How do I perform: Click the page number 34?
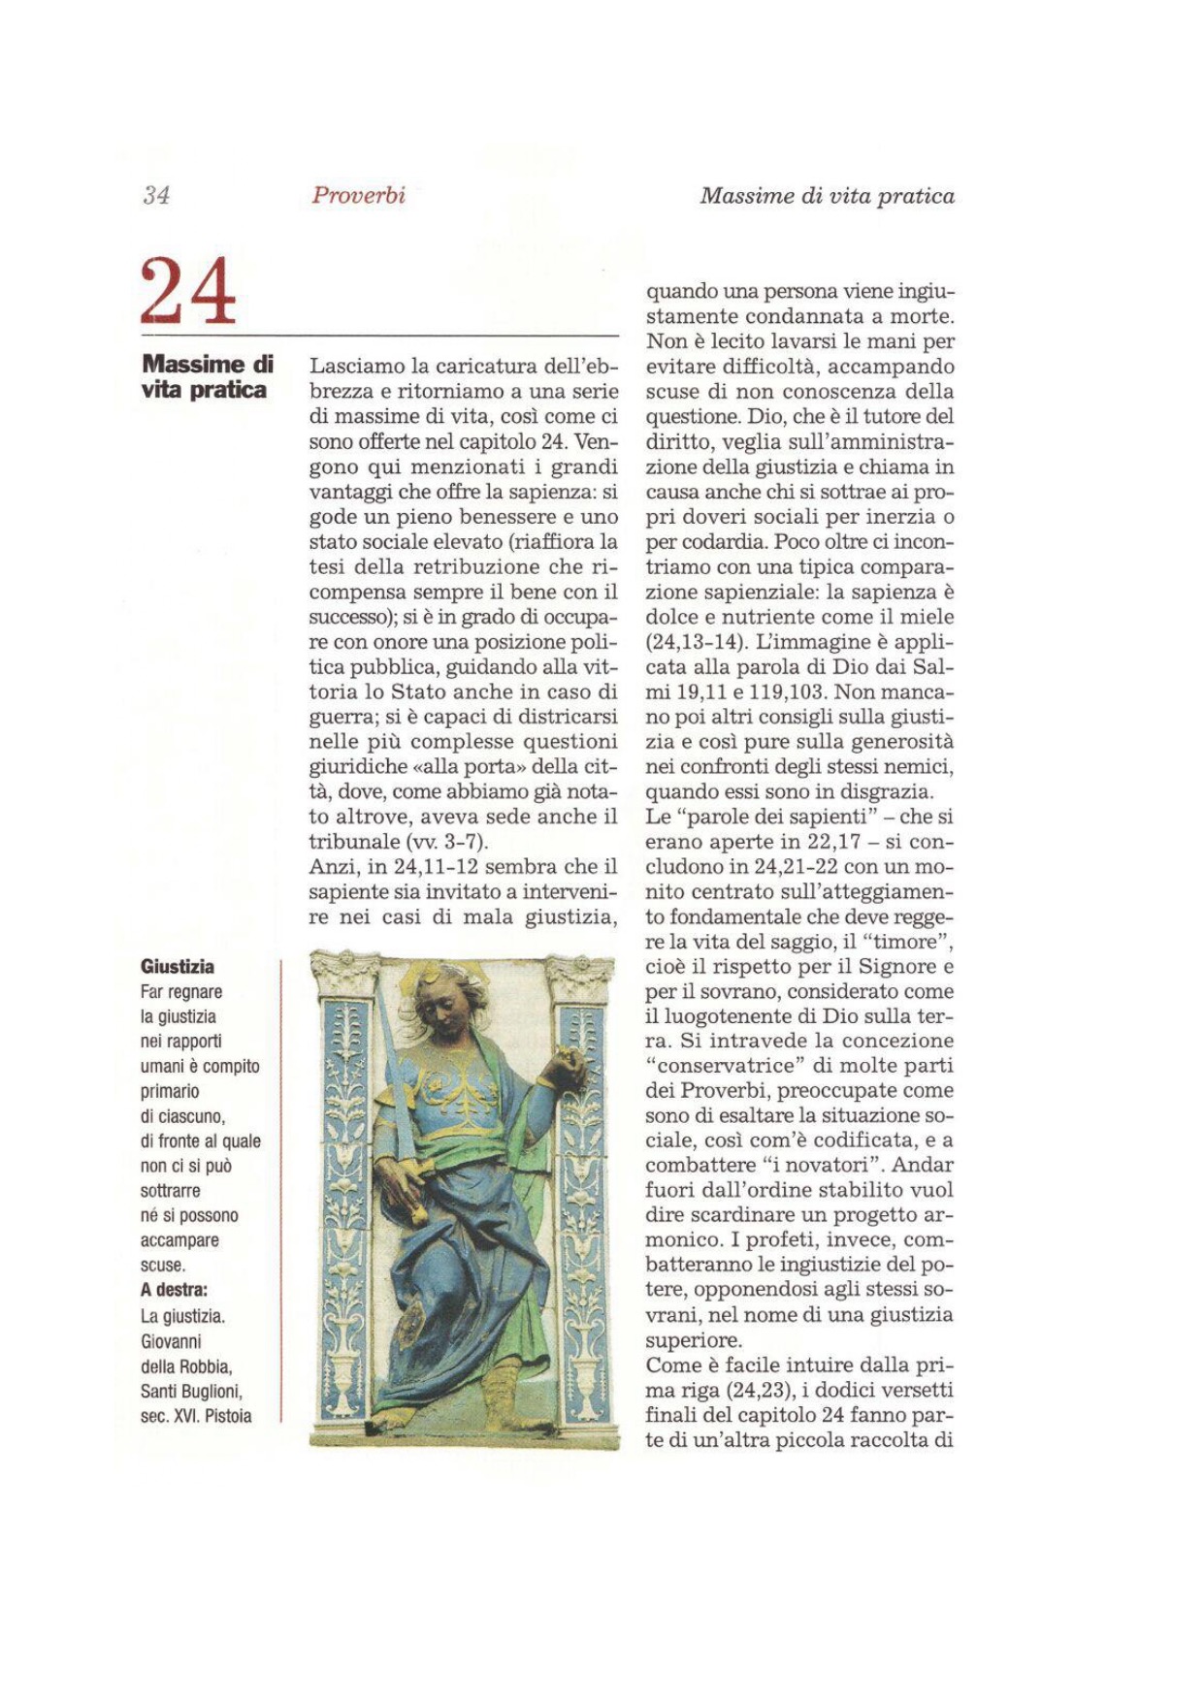(x=156, y=195)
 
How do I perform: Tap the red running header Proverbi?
(x=358, y=195)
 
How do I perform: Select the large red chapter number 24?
(x=188, y=290)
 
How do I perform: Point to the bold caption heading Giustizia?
(x=178, y=967)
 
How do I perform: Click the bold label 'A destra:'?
(x=175, y=1290)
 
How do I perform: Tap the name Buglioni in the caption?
(x=209, y=1392)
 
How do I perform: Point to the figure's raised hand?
(x=566, y=1064)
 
